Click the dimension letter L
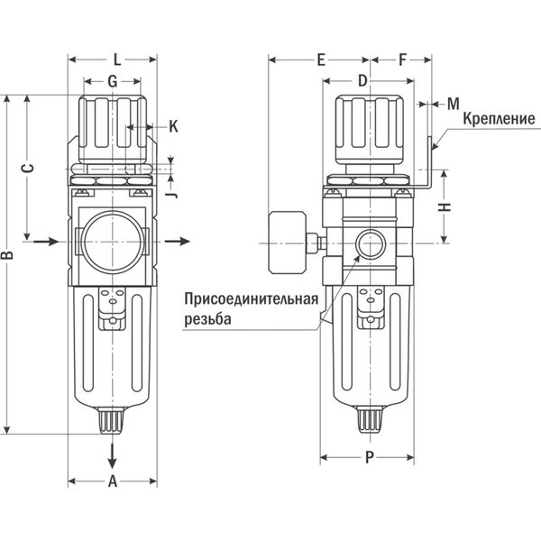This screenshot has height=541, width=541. click(x=117, y=60)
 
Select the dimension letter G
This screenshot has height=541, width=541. click(x=113, y=81)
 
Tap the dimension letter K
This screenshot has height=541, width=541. click(x=173, y=126)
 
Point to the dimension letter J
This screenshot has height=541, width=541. click(x=173, y=195)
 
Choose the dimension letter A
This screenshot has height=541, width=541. click(x=113, y=481)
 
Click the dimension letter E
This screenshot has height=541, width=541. click(x=321, y=60)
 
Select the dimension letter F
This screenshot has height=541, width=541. click(x=402, y=60)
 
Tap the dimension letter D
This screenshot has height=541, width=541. click(x=362, y=81)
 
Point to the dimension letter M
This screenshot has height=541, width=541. click(x=454, y=104)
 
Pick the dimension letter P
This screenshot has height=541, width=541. click(x=370, y=457)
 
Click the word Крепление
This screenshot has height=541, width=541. click(x=499, y=119)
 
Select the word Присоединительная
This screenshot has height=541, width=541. click(x=252, y=298)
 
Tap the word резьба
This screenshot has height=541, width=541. click(x=207, y=319)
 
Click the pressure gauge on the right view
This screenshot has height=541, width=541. click(x=287, y=243)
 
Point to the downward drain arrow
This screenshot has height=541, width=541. click(x=112, y=456)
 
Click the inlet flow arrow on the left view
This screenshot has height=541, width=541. click(x=46, y=241)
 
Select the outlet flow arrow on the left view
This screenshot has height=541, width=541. click(x=178, y=241)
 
